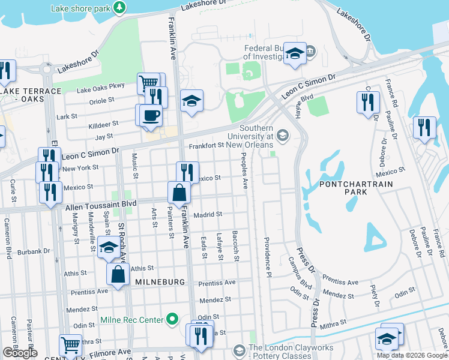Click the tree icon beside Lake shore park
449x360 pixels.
tap(121, 7)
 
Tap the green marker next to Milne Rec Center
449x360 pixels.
tap(172, 319)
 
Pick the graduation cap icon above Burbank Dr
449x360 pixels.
tap(109, 247)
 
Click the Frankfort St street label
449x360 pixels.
tap(206, 145)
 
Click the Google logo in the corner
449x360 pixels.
tap(20, 353)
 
